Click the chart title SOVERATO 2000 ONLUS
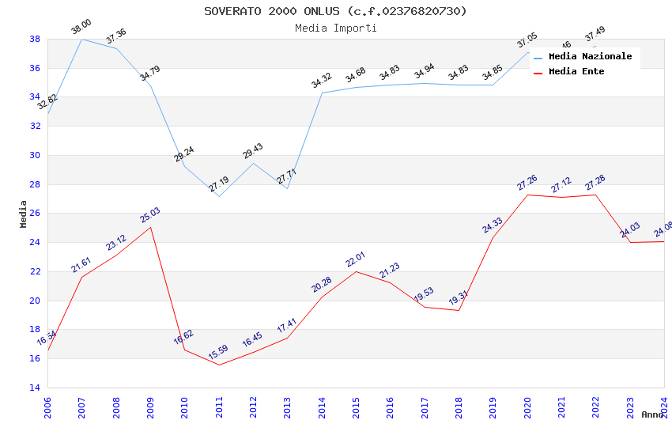(335, 11)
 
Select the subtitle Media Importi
(335, 28)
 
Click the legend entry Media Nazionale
(590, 56)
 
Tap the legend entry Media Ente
(576, 71)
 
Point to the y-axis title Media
(24, 213)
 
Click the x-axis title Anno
(652, 414)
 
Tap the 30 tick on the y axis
(35, 155)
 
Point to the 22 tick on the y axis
(35, 271)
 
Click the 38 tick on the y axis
(35, 39)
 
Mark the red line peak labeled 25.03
(150, 227)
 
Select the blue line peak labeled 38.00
(81, 39)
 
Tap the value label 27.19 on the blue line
(219, 185)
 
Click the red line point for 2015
(356, 271)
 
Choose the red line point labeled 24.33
(493, 237)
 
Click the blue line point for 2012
(253, 163)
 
